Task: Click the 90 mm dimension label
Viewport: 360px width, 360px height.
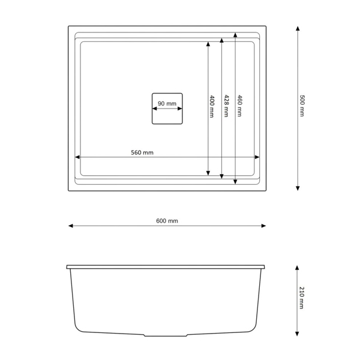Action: coord(167,104)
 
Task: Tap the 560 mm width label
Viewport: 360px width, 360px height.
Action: coord(142,152)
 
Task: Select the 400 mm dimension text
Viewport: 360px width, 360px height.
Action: coord(212,106)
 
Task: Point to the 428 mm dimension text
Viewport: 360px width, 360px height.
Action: coord(226,106)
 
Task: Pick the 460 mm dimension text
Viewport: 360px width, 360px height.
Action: coord(239,106)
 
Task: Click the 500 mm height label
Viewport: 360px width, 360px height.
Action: coord(302,106)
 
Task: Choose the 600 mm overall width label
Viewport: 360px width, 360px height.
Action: coord(167,221)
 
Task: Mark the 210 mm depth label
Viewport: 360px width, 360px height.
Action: coord(302,298)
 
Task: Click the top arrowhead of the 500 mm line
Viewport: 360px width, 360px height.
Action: coord(298,28)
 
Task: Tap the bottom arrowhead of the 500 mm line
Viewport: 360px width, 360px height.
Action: coord(298,188)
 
